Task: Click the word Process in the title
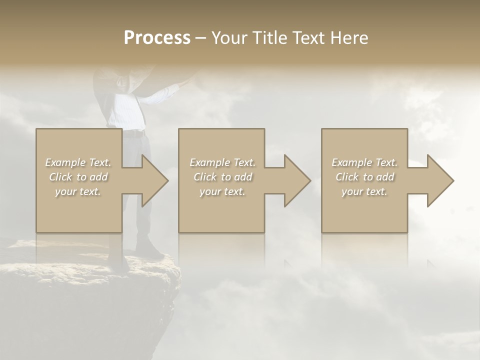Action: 157,38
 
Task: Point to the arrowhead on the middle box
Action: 296,180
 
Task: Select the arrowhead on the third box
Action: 439,180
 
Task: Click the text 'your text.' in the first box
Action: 78,191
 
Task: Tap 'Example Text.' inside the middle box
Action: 222,162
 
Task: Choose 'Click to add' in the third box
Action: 364,177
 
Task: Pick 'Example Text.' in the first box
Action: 78,162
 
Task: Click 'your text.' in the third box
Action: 364,191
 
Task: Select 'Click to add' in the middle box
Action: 222,177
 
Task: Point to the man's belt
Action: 134,134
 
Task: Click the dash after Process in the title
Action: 201,38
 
